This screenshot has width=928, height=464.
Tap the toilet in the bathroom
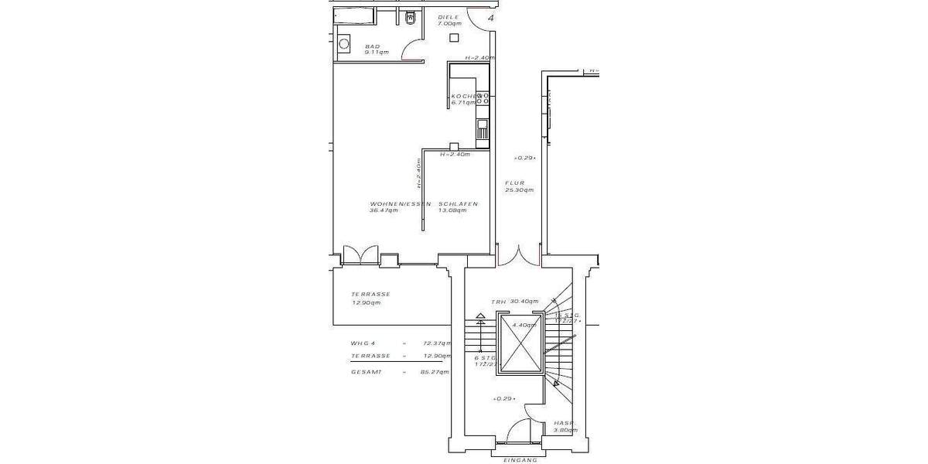pyautogui.click(x=410, y=18)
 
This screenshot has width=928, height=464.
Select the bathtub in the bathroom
pyautogui.click(x=353, y=16)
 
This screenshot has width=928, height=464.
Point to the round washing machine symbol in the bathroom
pyautogui.click(x=344, y=45)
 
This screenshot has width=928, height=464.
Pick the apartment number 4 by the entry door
pyautogui.click(x=490, y=18)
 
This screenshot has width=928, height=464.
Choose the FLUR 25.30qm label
pyautogui.click(x=518, y=186)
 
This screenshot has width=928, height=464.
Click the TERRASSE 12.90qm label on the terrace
pyautogui.click(x=370, y=298)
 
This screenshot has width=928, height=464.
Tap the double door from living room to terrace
pyautogui.click(x=360, y=255)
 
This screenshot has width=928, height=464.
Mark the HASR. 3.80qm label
pyautogui.click(x=565, y=426)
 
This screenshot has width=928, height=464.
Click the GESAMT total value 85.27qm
pyautogui.click(x=437, y=372)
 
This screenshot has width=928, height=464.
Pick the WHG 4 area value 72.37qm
pyautogui.click(x=437, y=343)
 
